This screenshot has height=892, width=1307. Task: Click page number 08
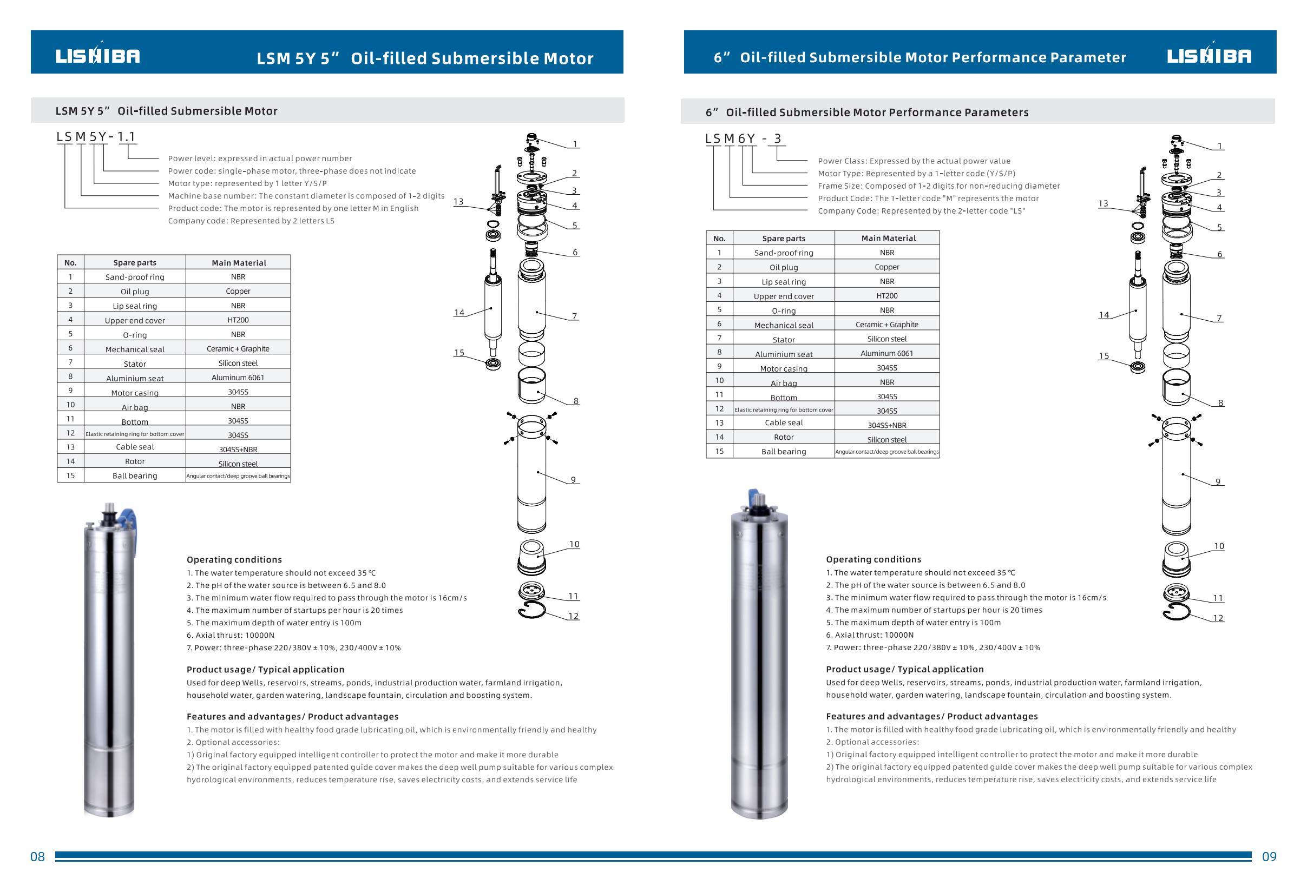click(x=37, y=857)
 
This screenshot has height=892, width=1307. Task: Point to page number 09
click(x=1269, y=857)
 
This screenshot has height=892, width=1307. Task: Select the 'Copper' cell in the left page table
click(x=238, y=291)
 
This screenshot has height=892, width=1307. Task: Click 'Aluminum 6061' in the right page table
click(x=886, y=354)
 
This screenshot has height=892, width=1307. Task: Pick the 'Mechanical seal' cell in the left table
click(x=135, y=349)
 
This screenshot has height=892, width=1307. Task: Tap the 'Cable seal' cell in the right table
click(x=784, y=422)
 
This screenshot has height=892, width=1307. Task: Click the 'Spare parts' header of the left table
click(x=135, y=262)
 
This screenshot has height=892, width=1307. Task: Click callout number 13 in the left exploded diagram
click(x=458, y=201)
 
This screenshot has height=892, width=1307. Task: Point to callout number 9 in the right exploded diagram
click(x=1218, y=481)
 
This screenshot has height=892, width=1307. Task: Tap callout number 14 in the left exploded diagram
click(x=459, y=313)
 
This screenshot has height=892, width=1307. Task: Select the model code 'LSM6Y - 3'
click(x=743, y=139)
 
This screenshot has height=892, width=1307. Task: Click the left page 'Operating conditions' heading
click(x=234, y=560)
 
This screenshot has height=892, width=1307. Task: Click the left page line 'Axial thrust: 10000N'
click(x=231, y=635)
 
